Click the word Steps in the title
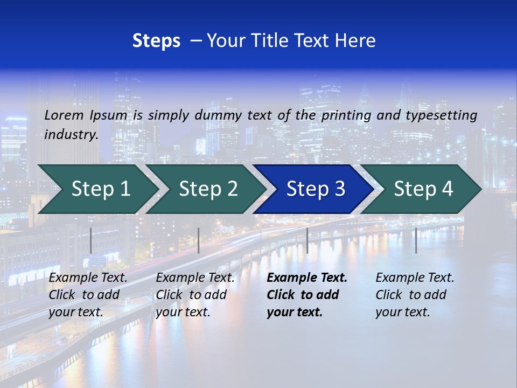click(156, 41)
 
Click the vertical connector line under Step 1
click(91, 240)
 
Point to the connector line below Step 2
click(199, 240)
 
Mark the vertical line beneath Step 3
click(307, 240)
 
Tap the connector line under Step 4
click(416, 240)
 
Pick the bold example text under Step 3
click(306, 295)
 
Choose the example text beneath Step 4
click(415, 295)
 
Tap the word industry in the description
click(71, 135)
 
